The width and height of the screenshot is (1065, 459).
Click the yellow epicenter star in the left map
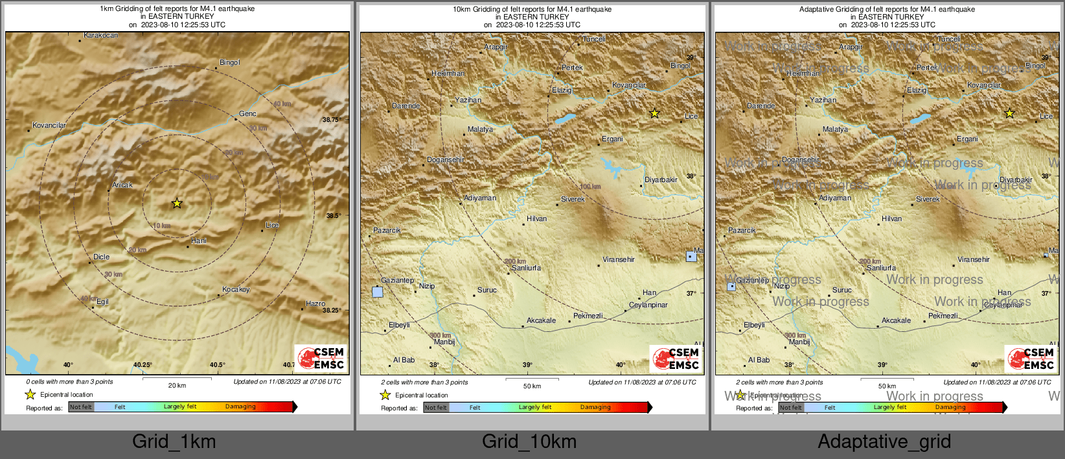click(x=177, y=204)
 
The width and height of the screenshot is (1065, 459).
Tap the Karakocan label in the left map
click(x=101, y=35)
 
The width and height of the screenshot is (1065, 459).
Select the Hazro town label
click(x=315, y=303)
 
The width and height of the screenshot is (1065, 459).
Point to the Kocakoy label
click(x=236, y=289)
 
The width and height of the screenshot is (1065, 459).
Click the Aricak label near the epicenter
click(x=122, y=185)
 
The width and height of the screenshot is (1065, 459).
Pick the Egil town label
click(x=102, y=301)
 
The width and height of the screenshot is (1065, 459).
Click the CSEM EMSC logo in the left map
click(x=321, y=358)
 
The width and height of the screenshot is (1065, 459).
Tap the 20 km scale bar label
click(x=177, y=385)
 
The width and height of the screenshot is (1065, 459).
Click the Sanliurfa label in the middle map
click(x=526, y=268)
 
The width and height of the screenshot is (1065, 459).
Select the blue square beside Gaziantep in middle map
click(x=378, y=292)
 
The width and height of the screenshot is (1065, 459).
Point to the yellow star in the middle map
click(x=655, y=113)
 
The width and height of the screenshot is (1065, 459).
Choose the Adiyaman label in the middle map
click(x=480, y=198)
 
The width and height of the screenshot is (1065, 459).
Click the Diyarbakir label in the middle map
click(x=661, y=180)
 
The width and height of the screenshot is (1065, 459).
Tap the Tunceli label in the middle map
click(x=594, y=39)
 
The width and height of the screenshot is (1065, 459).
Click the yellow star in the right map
click(x=1010, y=113)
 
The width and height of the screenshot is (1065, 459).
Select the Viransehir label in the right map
click(x=974, y=259)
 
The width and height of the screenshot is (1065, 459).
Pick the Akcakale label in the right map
click(x=896, y=320)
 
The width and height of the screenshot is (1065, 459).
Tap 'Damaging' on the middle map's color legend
click(x=595, y=407)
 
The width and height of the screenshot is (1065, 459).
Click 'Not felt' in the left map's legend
click(x=81, y=407)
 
